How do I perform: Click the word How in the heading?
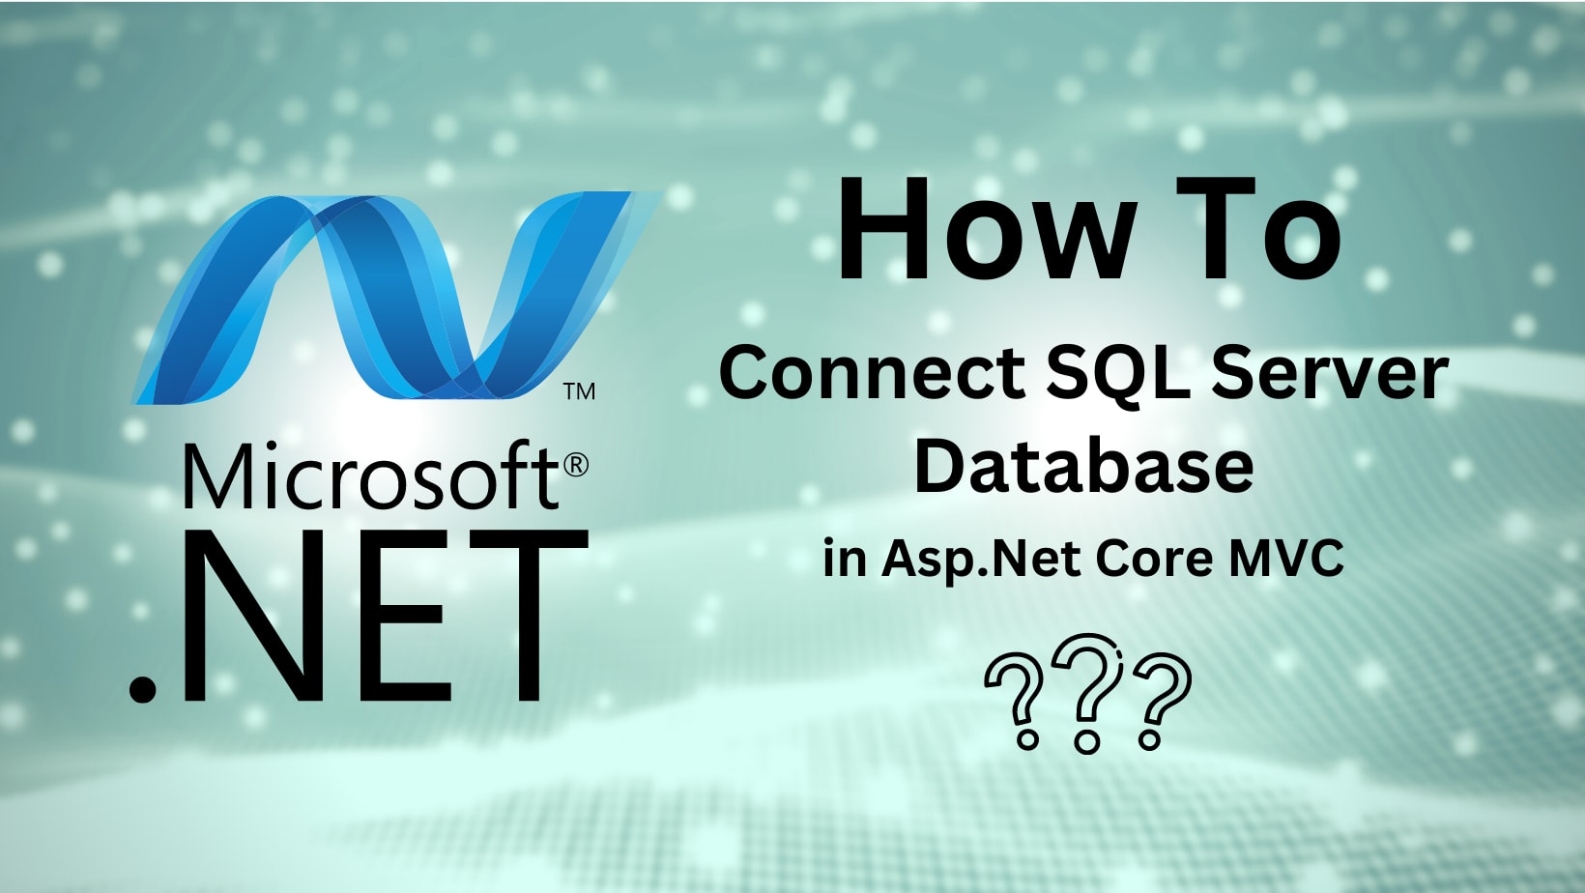pos(986,231)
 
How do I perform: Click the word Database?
pos(1083,466)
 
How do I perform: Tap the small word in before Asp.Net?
pos(844,559)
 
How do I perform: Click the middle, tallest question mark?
pos(1087,692)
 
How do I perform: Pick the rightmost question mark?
pos(1158,701)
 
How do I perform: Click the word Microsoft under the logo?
pos(370,475)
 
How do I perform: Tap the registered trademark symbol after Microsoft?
pos(575,465)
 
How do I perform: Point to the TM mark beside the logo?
pos(579,391)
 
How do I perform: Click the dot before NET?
pos(143,687)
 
